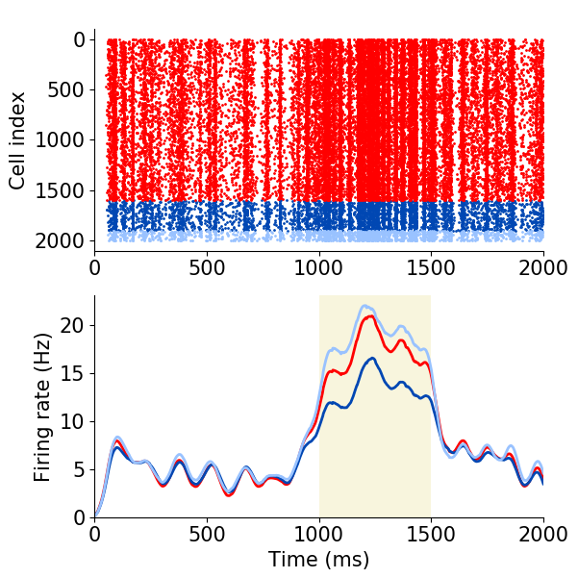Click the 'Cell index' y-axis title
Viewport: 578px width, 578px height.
pyautogui.click(x=17, y=140)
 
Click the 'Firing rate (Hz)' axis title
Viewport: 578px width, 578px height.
pyautogui.click(x=42, y=407)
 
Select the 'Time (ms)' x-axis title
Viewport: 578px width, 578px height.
pyautogui.click(x=318, y=560)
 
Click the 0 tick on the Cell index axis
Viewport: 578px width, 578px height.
pyautogui.click(x=77, y=40)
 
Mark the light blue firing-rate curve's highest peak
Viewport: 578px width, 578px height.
pyautogui.click(x=364, y=306)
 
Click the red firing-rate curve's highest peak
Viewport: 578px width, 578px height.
pyautogui.click(x=365, y=316)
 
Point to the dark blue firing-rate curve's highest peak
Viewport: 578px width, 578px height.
pyautogui.click(x=368, y=358)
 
